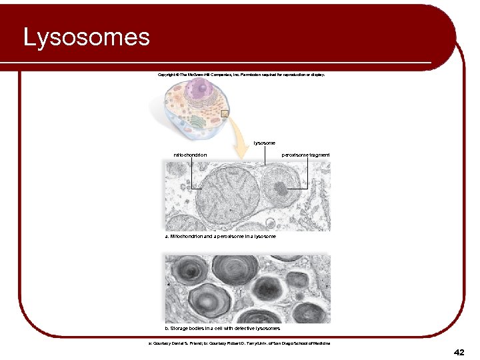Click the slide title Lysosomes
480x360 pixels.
pyautogui.click(x=87, y=37)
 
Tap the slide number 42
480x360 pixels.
pyautogui.click(x=458, y=351)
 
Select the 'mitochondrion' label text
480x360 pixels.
pyautogui.click(x=190, y=155)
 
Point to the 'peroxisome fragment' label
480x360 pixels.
pyautogui.click(x=305, y=155)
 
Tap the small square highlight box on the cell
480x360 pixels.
pyautogui.click(x=225, y=113)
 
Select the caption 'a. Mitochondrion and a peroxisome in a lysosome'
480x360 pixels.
pyautogui.click(x=220, y=237)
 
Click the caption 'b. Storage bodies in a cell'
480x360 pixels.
pyautogui.click(x=222, y=328)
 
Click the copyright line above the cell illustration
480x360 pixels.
pyautogui.click(x=241, y=75)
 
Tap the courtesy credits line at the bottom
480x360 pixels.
pyautogui.click(x=239, y=343)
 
